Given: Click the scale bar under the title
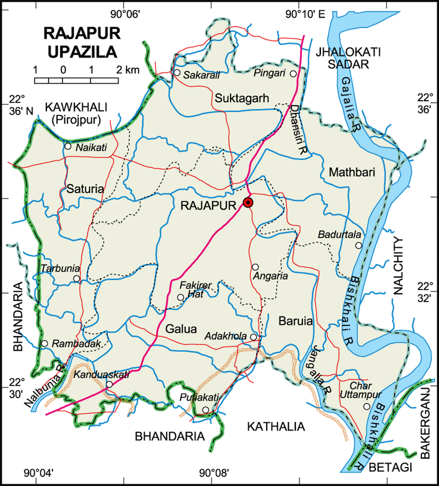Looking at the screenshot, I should [77, 80].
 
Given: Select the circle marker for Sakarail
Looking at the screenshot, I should [177, 73].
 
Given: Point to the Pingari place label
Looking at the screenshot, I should [269, 73].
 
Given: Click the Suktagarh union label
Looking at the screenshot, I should [241, 99].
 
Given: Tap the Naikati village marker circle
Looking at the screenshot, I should [68, 147].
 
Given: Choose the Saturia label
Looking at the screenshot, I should [85, 189].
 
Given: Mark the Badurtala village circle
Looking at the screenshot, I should [358, 246].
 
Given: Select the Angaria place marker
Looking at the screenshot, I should [255, 267].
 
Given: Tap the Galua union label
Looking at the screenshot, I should [181, 329].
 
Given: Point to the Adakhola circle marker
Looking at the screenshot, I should [253, 337].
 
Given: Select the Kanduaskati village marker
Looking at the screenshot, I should [110, 384].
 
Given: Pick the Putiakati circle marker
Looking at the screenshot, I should [206, 410].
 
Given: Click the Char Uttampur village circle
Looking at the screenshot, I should [366, 407].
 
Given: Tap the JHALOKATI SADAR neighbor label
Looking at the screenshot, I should [348, 58].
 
